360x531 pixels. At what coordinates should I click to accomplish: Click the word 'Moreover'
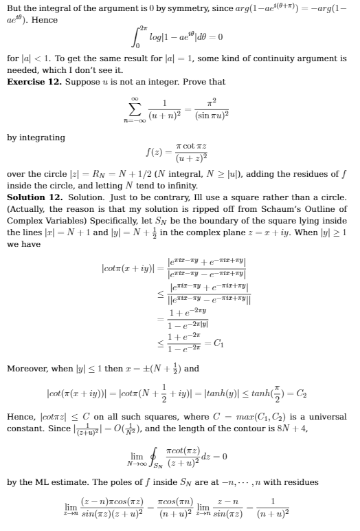pos(27,368)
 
